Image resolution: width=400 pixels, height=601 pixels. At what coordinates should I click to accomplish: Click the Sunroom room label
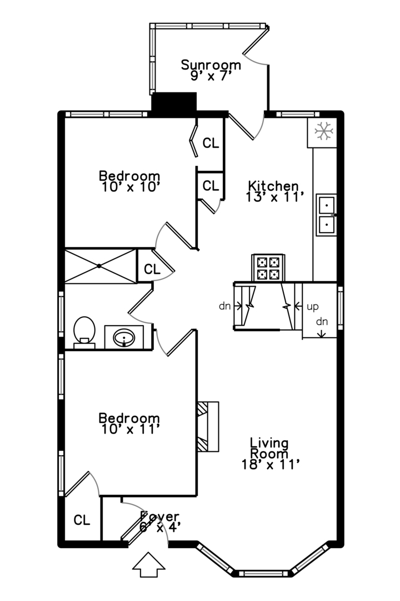[x=211, y=65]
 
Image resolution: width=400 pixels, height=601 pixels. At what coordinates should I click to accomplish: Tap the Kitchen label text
[x=273, y=186]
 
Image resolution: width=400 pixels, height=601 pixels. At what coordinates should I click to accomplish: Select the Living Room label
[x=269, y=449]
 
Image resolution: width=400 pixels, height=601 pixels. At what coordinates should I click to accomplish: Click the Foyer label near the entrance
[x=159, y=516]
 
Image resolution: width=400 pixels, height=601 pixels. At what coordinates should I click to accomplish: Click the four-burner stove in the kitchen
[x=268, y=268]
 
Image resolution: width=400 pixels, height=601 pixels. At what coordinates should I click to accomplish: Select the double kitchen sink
[x=326, y=215]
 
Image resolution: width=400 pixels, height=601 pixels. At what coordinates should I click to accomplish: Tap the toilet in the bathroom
[x=84, y=332]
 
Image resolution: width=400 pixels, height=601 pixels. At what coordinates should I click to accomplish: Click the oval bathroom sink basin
[x=124, y=337]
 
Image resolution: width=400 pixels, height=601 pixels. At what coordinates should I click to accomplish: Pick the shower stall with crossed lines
[x=101, y=266]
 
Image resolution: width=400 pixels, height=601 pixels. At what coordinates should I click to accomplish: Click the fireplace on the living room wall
[x=208, y=427]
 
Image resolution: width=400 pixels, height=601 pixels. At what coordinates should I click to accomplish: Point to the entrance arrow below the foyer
[x=148, y=565]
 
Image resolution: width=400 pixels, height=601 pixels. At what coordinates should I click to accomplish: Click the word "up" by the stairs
[x=312, y=307]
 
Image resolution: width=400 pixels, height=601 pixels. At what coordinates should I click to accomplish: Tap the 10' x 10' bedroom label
[x=131, y=187]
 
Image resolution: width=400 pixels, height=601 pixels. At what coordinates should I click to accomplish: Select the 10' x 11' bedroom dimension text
[x=131, y=429]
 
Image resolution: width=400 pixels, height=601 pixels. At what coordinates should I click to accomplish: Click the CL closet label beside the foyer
[x=82, y=520]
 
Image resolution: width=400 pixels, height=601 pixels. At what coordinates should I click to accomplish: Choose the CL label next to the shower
[x=152, y=269]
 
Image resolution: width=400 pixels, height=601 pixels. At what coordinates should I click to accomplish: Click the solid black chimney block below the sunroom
[x=174, y=104]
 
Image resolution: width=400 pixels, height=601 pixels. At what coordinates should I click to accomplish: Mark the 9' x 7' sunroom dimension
[x=211, y=76]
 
